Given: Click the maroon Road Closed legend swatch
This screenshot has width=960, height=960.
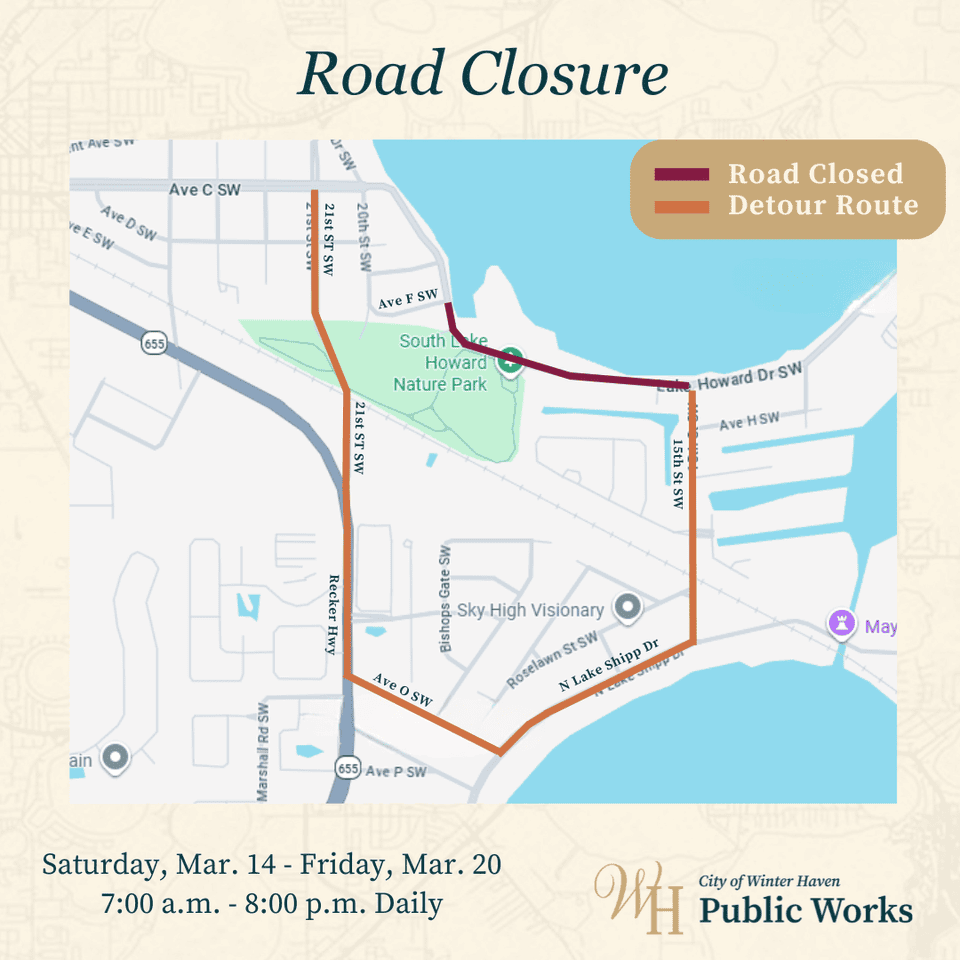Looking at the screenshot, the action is click(681, 175).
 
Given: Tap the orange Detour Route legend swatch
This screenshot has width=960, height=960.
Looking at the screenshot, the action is click(681, 207).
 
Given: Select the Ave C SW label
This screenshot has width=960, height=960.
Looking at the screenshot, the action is click(205, 189).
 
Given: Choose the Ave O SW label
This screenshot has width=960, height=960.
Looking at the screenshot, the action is click(402, 690).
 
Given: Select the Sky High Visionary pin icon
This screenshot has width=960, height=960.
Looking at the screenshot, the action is click(627, 607).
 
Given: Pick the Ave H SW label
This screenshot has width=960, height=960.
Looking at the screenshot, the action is click(749, 422).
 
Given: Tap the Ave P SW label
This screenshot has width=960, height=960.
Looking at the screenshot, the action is click(396, 771).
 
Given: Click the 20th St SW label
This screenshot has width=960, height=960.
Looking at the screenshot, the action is click(364, 238).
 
